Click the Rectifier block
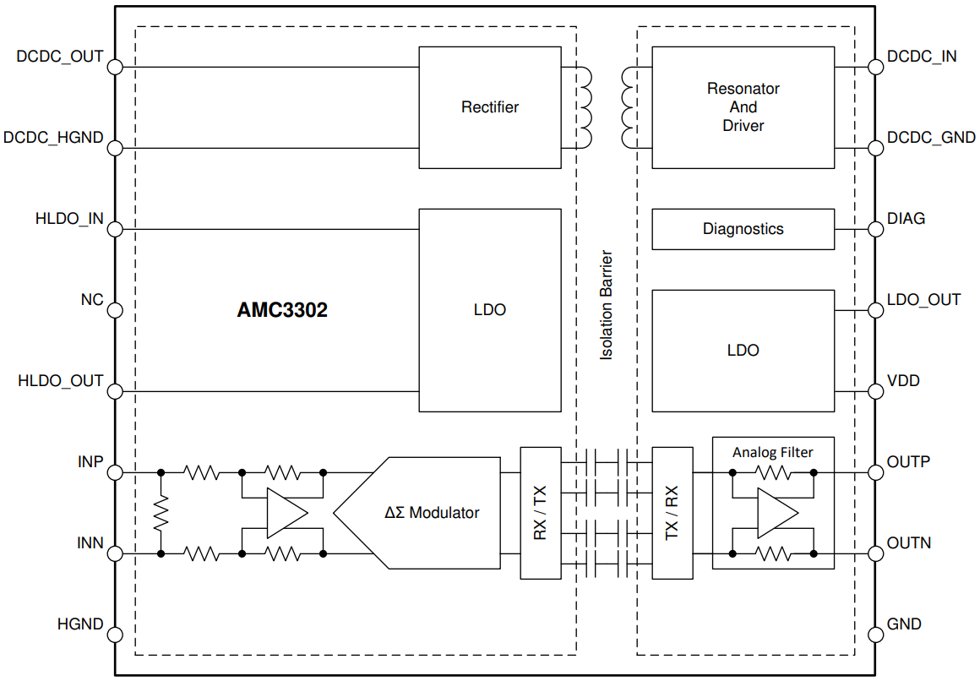pyautogui.click(x=489, y=107)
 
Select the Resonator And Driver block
pyautogui.click(x=743, y=107)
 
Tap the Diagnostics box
pyautogui.click(x=743, y=229)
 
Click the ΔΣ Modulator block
pyautogui.click(x=432, y=513)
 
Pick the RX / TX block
pyautogui.click(x=540, y=513)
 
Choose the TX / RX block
pyautogui.click(x=672, y=513)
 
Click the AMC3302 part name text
pyautogui.click(x=282, y=310)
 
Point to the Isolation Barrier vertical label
pyautogui.click(x=606, y=305)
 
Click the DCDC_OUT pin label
pyautogui.click(x=60, y=57)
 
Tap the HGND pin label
pyautogui.click(x=80, y=624)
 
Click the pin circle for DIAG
pyautogui.click(x=874, y=229)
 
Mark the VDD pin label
pyautogui.click(x=903, y=381)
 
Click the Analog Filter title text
pyautogui.click(x=772, y=452)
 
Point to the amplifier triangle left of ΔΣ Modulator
pyautogui.click(x=285, y=513)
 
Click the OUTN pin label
pyautogui.click(x=909, y=543)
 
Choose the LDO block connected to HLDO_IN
pyautogui.click(x=489, y=310)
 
